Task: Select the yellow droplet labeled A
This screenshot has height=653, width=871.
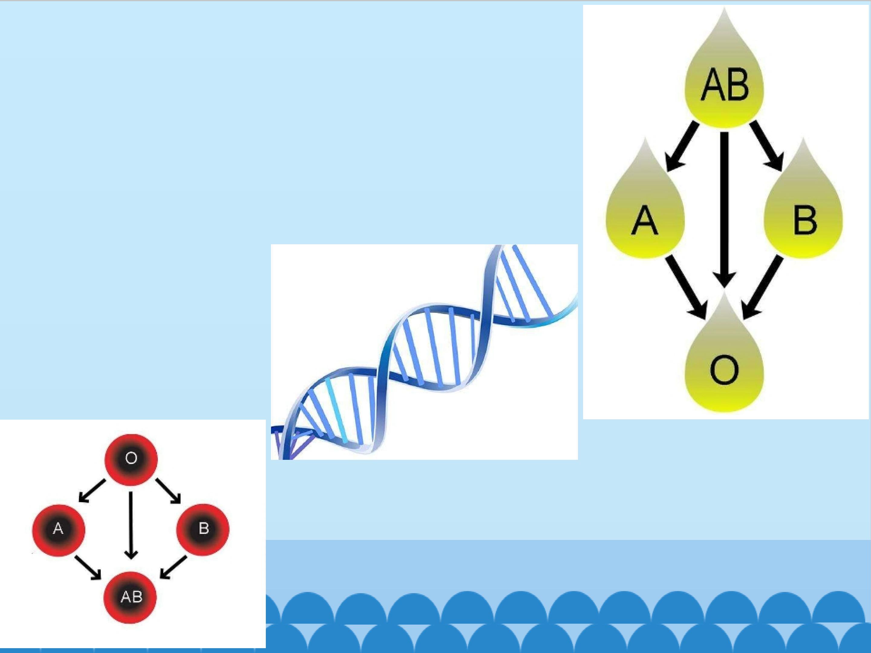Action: coord(645,213)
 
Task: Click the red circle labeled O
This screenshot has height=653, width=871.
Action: coord(131,459)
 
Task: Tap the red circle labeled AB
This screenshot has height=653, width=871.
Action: coord(130,597)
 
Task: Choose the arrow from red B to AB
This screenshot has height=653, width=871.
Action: coord(173,567)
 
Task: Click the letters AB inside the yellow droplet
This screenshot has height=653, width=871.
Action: coord(725,85)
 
